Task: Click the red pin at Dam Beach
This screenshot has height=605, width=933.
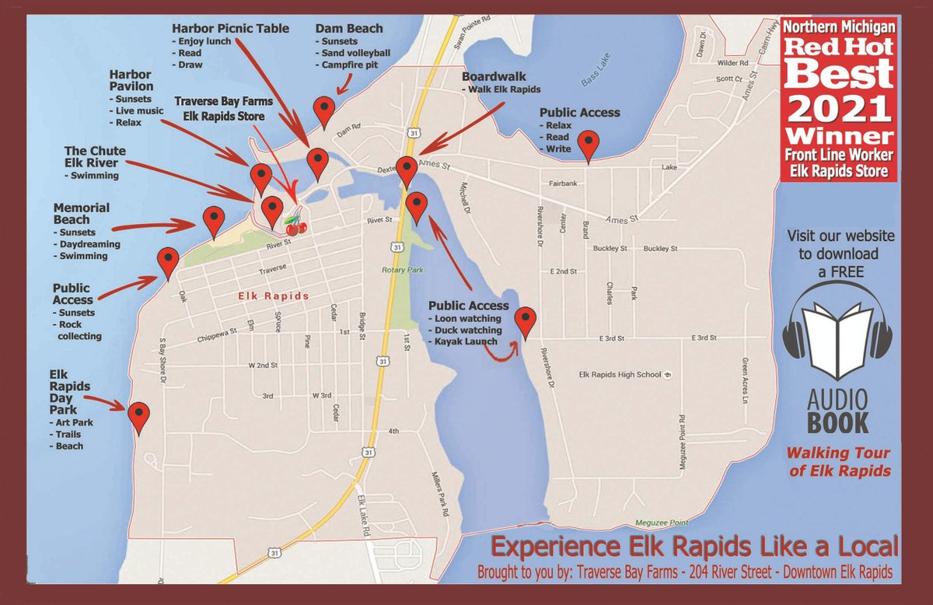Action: [323, 110]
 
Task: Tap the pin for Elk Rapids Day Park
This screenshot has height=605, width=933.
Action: [139, 416]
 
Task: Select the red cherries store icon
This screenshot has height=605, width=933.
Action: [295, 226]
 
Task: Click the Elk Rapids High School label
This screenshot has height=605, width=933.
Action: [620, 375]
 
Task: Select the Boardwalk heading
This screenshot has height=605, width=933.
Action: [494, 78]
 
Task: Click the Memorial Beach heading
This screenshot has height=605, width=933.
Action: [82, 214]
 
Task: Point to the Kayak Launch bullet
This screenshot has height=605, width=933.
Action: [466, 342]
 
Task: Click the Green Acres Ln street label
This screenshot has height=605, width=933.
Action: [744, 381]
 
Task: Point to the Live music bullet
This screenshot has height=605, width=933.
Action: [136, 110]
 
